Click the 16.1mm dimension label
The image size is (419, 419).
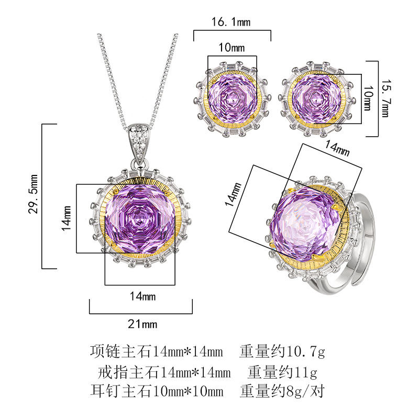[231, 22]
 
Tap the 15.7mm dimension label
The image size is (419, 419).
[385, 98]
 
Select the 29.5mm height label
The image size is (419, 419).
[33, 194]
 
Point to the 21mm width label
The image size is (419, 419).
[142, 324]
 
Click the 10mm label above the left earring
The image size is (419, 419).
[231, 48]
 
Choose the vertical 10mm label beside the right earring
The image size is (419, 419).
[368, 98]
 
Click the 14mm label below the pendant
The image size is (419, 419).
[142, 296]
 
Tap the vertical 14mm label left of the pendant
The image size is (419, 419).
[67, 218]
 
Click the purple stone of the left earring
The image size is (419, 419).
[232, 97]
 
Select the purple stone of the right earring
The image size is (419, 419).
[317, 98]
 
